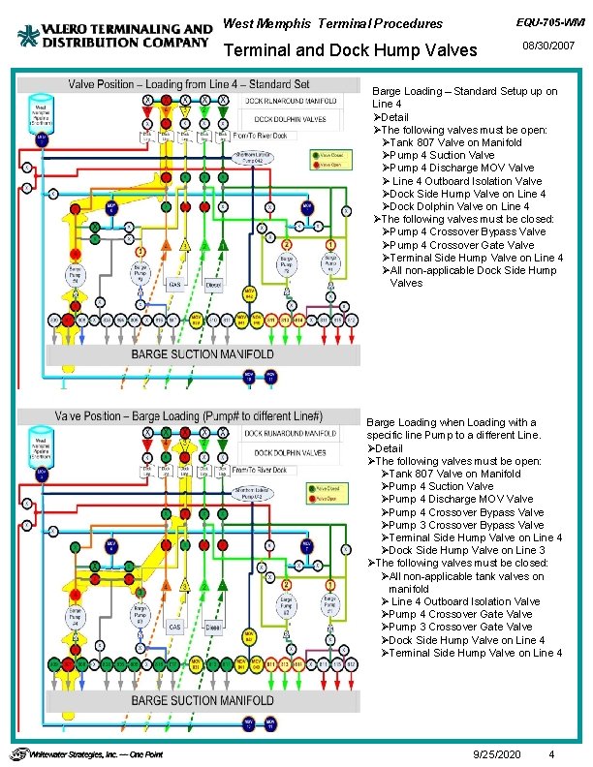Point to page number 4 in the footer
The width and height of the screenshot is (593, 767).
(550, 753)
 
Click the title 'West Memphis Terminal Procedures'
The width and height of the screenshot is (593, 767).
(332, 23)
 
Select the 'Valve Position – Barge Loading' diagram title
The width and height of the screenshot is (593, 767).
(190, 415)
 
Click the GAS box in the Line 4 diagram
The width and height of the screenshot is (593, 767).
(175, 285)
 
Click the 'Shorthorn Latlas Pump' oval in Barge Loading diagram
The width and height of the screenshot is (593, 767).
(253, 492)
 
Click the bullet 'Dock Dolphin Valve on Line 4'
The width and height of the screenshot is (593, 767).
(459, 206)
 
